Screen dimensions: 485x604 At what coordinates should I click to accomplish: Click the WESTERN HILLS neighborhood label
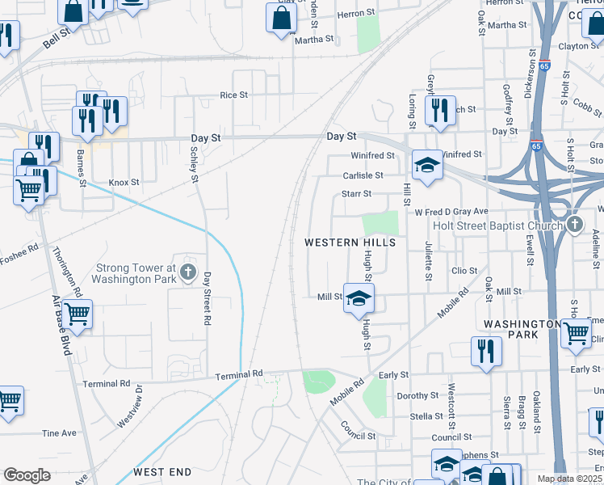point(350,242)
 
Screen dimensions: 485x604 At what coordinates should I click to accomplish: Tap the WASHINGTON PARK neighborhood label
point(522,328)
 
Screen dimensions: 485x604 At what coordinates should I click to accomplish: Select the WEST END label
point(162,471)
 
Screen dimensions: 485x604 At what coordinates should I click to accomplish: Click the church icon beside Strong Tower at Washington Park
point(189,272)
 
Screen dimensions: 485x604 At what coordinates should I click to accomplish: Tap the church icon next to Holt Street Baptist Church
point(574,223)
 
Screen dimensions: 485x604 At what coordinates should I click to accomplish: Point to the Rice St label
point(234,95)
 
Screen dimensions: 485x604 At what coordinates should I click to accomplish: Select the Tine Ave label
point(58,433)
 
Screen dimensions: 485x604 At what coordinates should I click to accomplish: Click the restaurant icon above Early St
point(486,351)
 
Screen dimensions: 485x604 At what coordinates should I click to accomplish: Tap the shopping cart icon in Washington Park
point(576,332)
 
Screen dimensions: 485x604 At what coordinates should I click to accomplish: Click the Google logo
point(27,475)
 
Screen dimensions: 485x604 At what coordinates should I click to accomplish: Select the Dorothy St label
point(416,396)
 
